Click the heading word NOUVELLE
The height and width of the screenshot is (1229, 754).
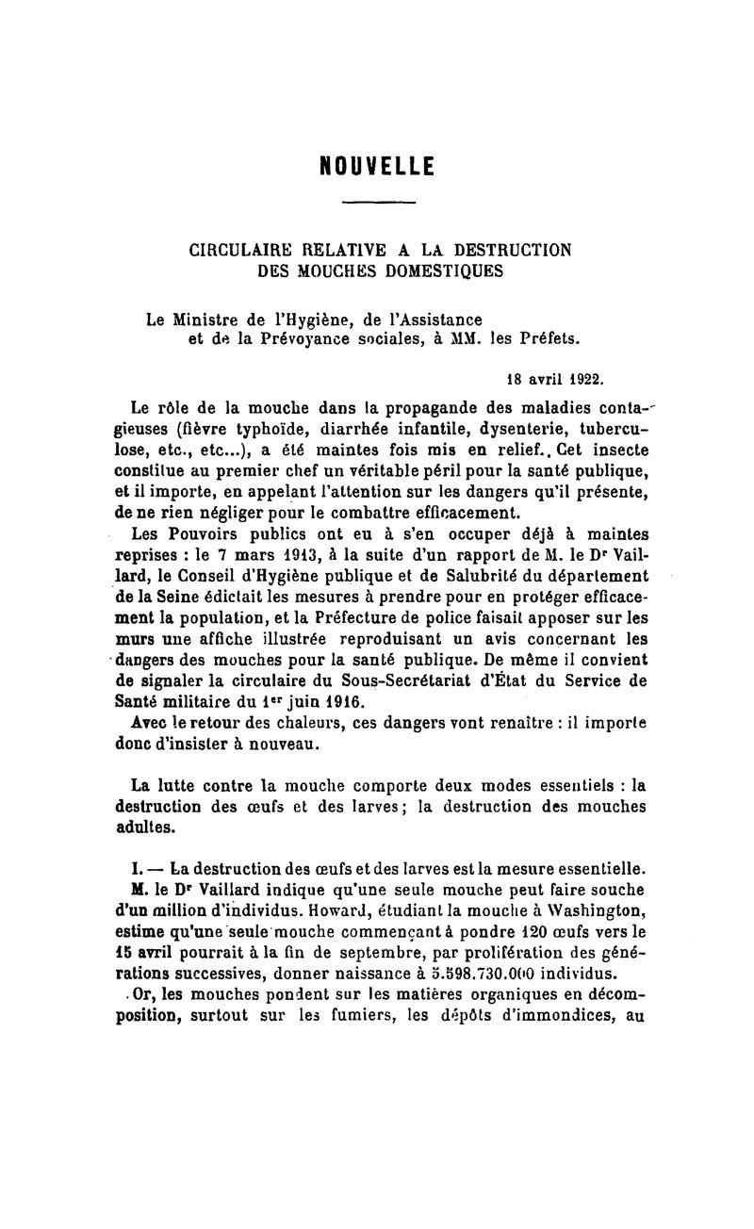377,166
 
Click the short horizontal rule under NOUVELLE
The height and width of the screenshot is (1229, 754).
377,203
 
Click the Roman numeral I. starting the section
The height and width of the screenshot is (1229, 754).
137,867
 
